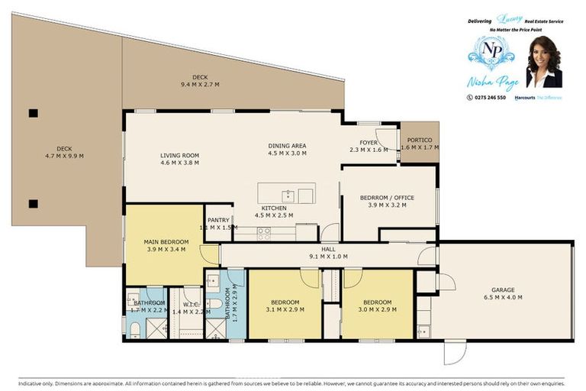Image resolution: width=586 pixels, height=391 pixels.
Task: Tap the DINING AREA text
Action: (287, 145)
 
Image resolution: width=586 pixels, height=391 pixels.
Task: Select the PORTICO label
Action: (420, 140)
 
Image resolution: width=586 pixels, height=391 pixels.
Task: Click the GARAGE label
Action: (503, 289)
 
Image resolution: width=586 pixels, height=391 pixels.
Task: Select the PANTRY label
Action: (218, 220)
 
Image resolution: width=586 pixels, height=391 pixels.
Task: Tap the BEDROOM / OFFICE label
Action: (387, 198)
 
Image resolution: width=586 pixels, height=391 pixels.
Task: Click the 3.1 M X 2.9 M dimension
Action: (286, 310)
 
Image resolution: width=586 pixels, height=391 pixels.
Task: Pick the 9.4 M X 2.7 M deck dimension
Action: (200, 84)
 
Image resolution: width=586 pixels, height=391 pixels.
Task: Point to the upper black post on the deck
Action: (33, 114)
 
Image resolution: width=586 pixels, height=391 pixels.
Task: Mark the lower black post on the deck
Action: (33, 203)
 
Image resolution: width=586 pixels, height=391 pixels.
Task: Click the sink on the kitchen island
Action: (288, 194)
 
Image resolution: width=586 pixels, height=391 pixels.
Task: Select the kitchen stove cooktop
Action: (264, 233)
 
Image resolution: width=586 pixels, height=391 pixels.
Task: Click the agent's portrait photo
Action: (544, 63)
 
